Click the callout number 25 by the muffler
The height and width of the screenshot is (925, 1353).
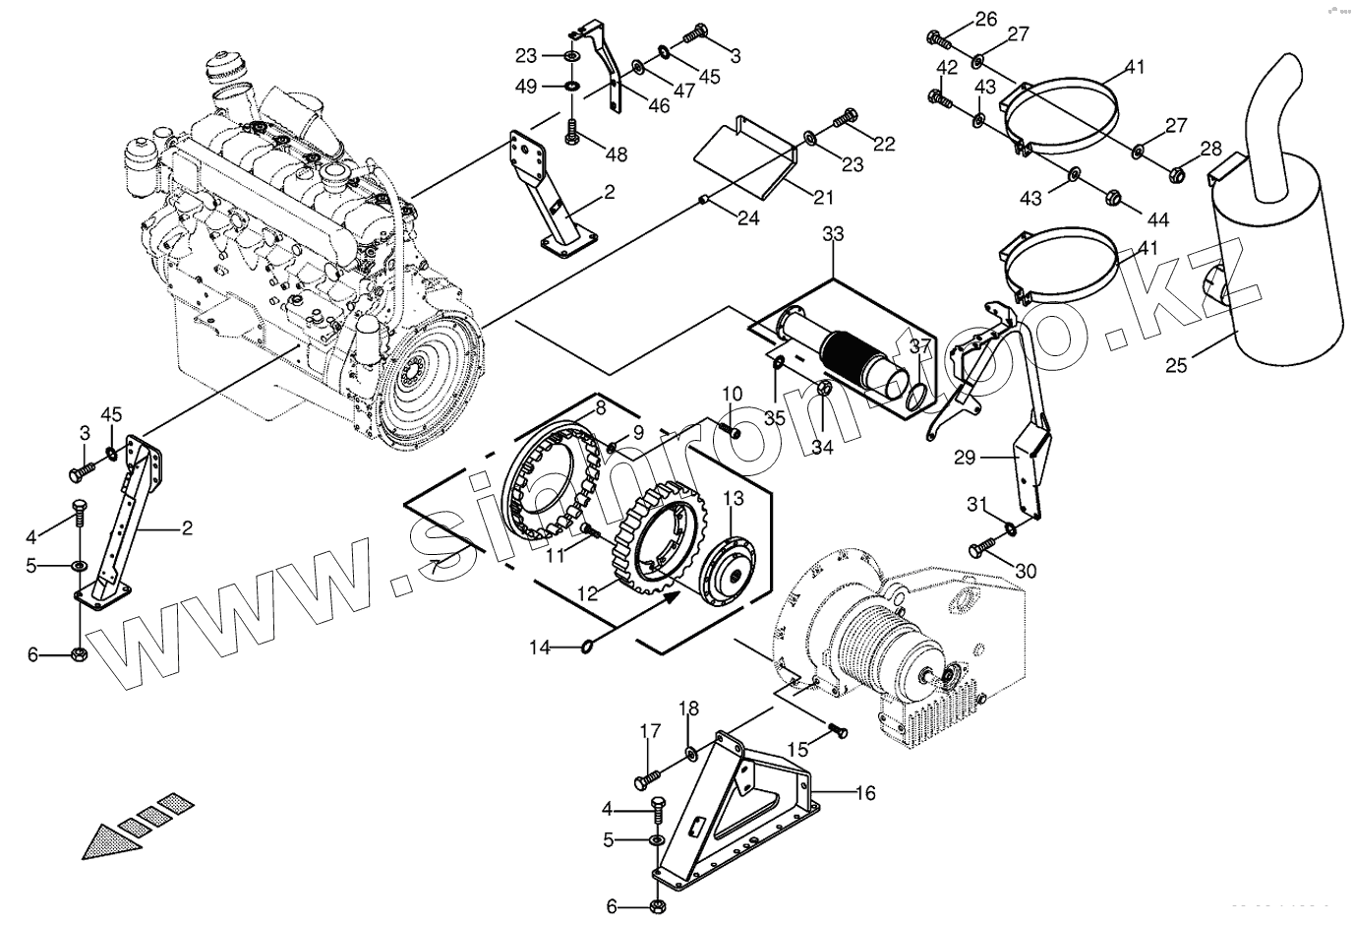(x=1176, y=366)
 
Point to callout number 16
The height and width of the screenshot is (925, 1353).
(x=865, y=792)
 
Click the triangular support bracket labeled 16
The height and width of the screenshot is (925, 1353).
(x=747, y=807)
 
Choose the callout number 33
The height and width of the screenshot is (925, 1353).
(x=833, y=234)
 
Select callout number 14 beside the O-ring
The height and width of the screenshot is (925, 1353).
(x=540, y=647)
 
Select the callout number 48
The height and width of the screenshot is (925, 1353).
(x=616, y=154)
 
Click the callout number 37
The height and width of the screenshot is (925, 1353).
(x=920, y=346)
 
